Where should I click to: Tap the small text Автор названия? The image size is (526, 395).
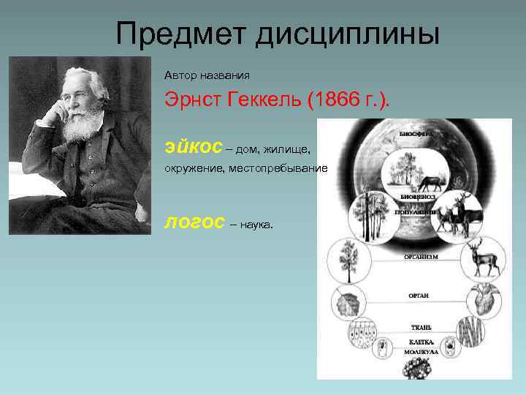click(207, 75)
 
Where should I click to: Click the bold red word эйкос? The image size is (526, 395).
click(193, 147)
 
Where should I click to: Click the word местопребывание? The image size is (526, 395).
click(278, 168)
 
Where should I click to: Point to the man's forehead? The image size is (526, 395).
click(83, 80)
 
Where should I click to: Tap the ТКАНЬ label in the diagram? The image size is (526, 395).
click(421, 326)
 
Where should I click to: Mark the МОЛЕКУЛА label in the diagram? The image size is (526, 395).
click(421, 352)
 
